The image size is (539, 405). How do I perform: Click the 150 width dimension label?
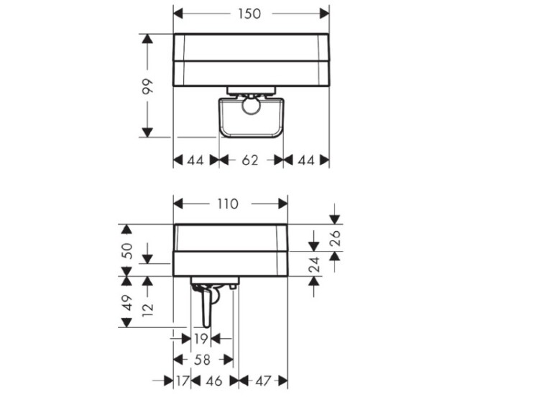tap(249, 14)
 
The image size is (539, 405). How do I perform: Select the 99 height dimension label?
tap(148, 86)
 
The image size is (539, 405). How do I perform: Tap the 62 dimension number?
tap(250, 160)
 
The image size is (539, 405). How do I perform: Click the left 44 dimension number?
tap(195, 160)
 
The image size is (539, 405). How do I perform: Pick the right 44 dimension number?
tap(306, 160)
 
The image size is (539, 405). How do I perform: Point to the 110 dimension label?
tap(228, 204)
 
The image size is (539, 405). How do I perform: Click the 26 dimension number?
tap(335, 238)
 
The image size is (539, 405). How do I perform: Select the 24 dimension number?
tap(314, 265)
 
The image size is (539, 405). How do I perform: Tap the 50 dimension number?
tap(127, 251)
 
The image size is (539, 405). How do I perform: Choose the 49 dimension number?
tap(127, 303)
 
